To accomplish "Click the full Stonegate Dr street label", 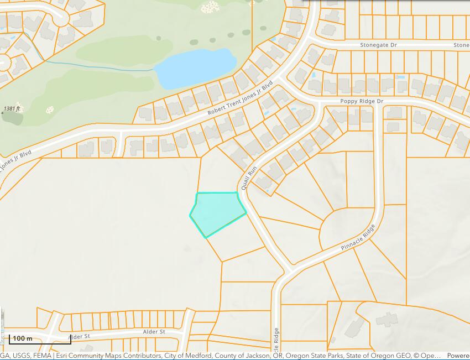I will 379,45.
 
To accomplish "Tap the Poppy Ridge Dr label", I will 362,102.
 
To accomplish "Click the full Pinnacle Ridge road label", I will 358,236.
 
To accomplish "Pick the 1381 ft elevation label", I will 12,109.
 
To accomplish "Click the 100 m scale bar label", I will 23,338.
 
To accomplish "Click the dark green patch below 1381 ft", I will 12,118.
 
